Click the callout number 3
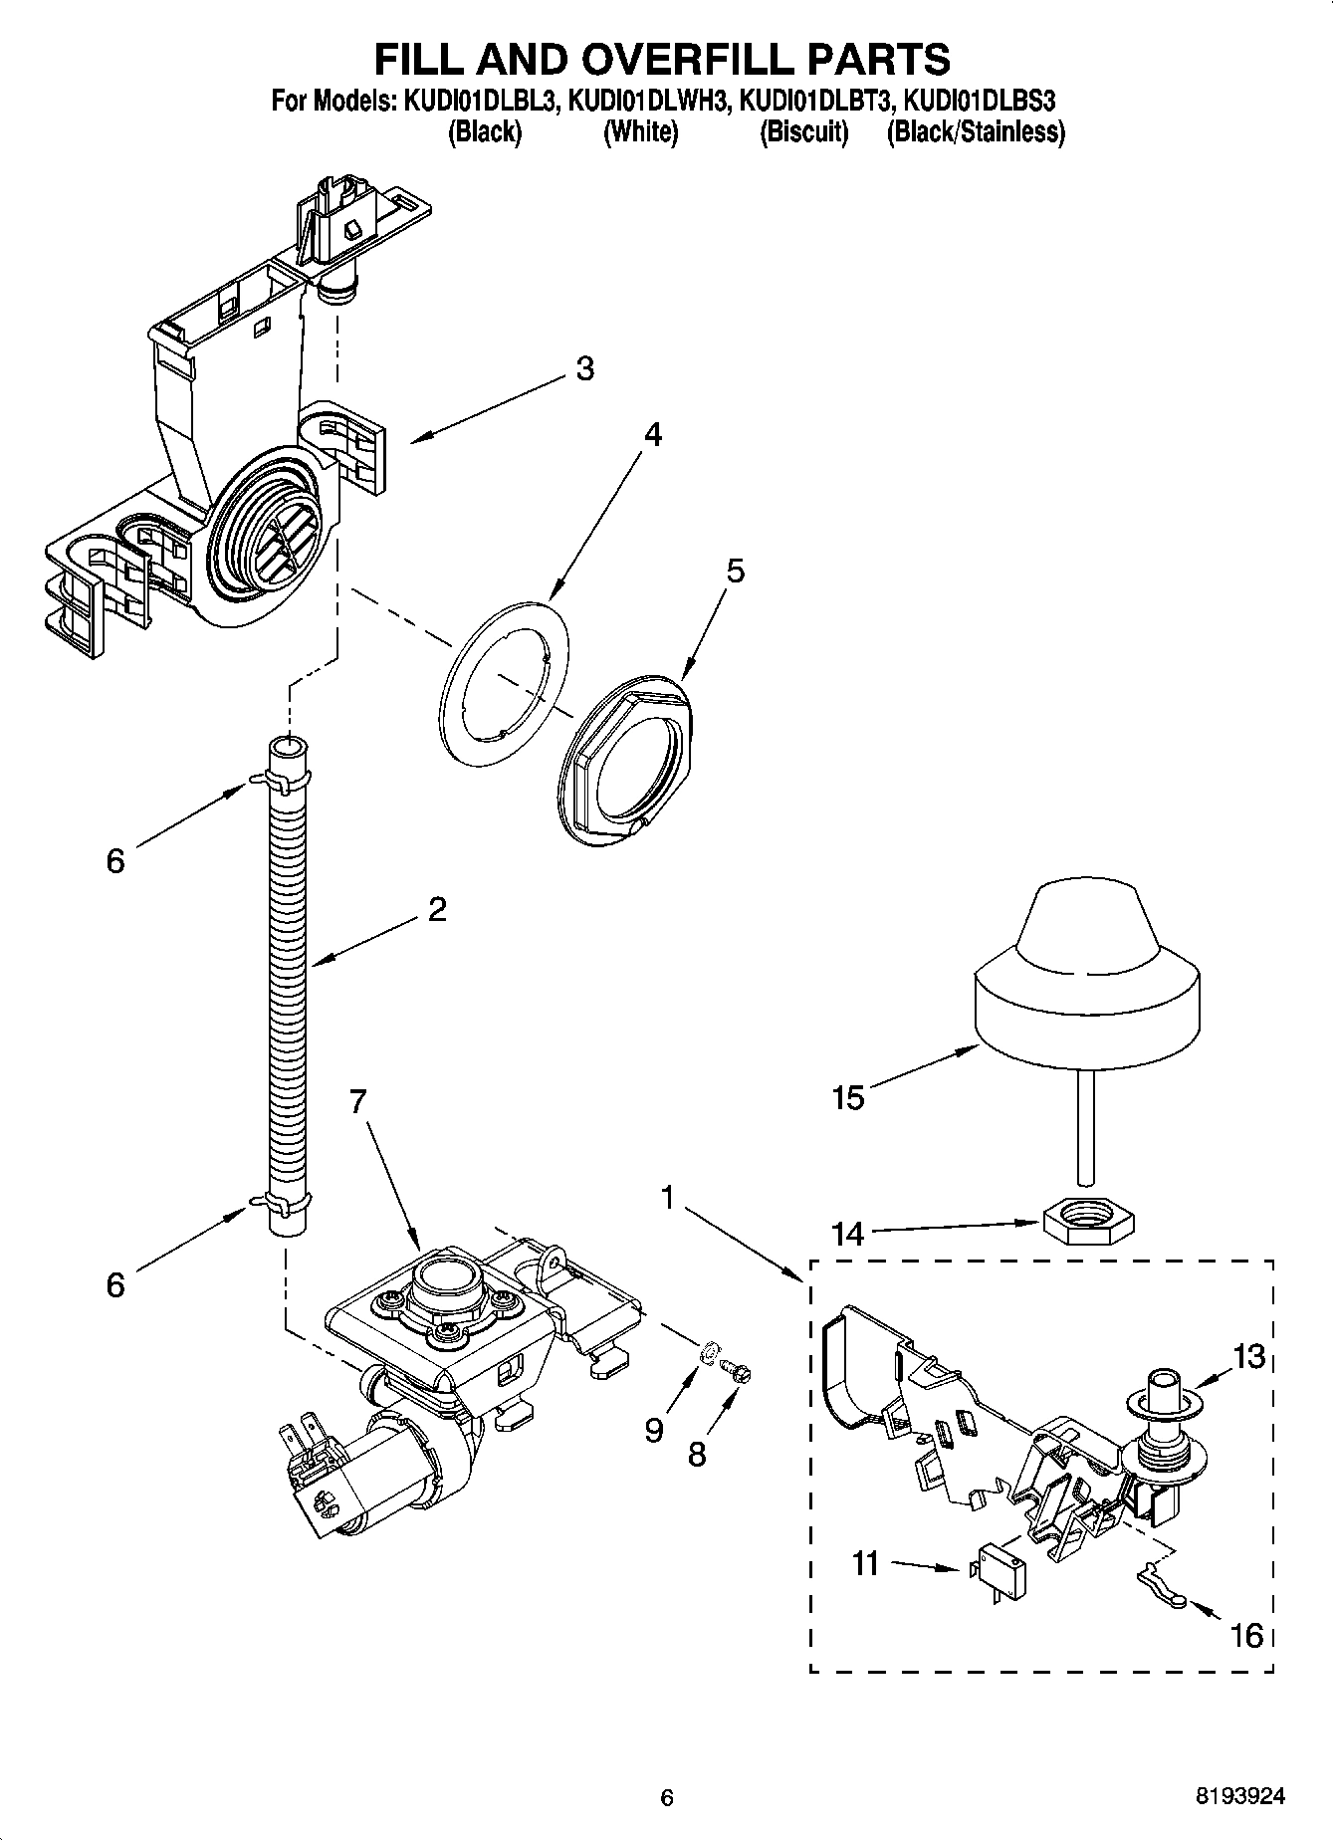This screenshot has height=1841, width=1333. click(585, 368)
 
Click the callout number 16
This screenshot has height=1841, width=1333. click(1246, 1635)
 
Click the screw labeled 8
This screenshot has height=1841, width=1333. click(739, 1373)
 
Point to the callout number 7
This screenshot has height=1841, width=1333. click(358, 1101)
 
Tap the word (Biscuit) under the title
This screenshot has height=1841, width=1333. click(803, 132)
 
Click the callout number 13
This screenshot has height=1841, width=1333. click(1248, 1356)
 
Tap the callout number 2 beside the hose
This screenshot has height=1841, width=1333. click(436, 909)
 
